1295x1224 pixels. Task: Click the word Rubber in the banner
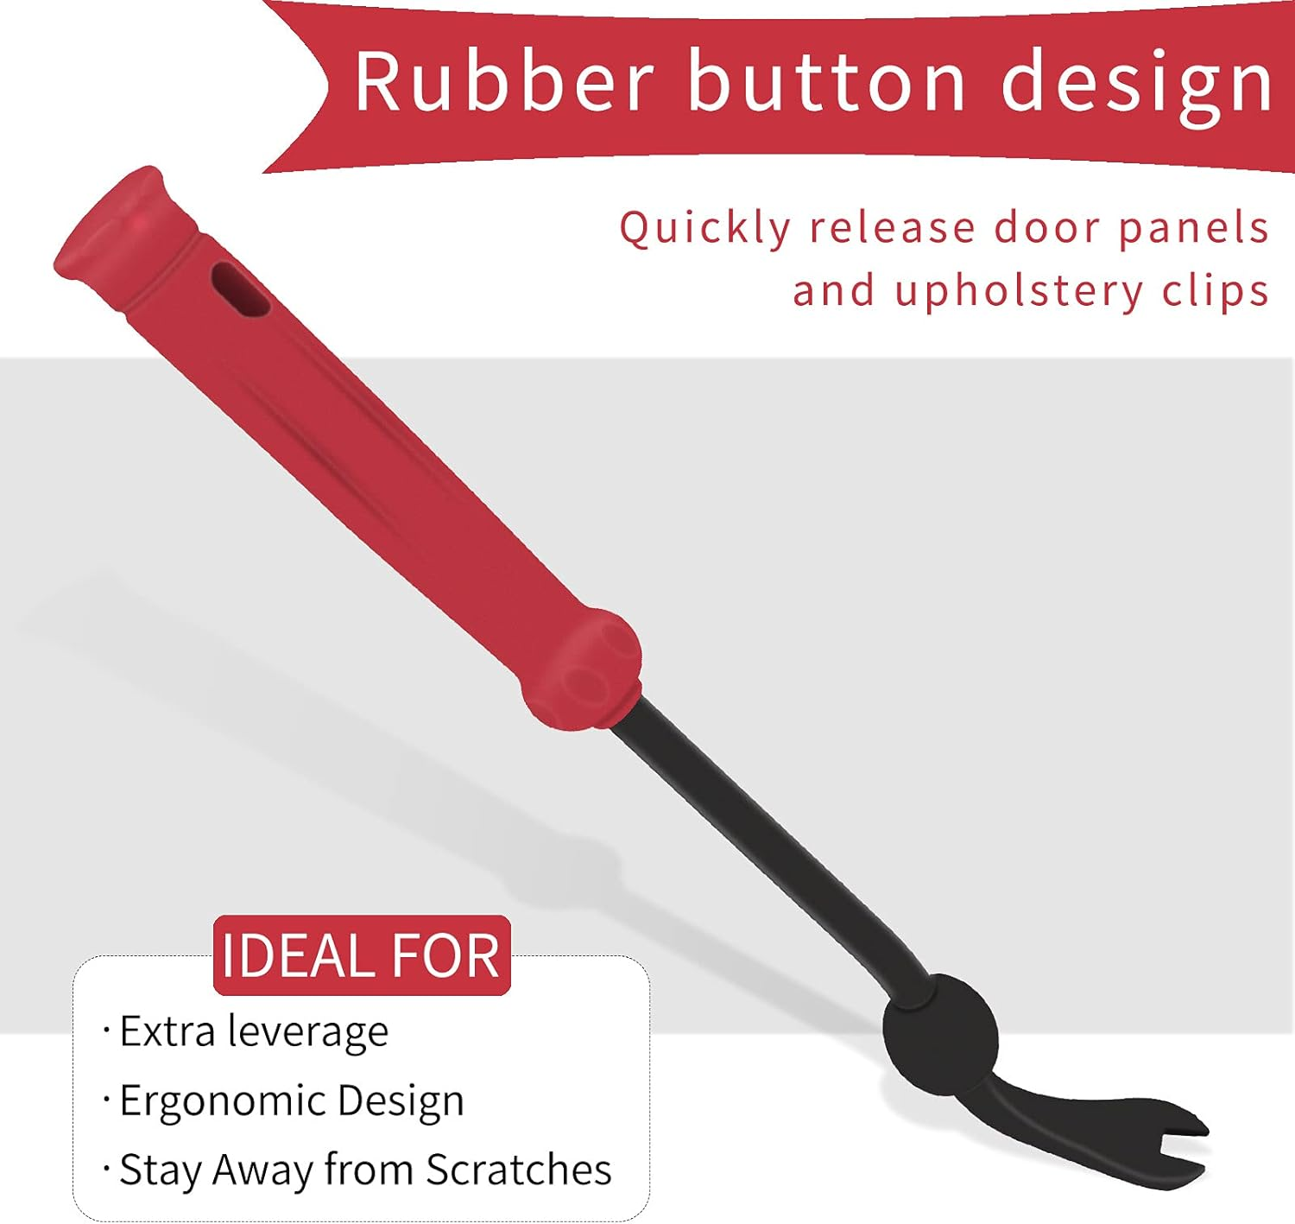pyautogui.click(x=503, y=81)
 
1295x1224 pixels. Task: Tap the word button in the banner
pyautogui.click(x=824, y=81)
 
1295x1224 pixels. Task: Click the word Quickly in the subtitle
pyautogui.click(x=704, y=229)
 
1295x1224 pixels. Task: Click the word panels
pyautogui.click(x=1193, y=229)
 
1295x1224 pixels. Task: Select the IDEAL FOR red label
pyautogui.click(x=362, y=955)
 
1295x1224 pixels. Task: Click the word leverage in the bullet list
pyautogui.click(x=307, y=1033)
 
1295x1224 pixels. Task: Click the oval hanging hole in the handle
pyautogui.click(x=241, y=289)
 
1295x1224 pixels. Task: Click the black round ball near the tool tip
pyautogui.click(x=940, y=1032)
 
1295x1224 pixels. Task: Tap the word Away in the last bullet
pyautogui.click(x=262, y=1170)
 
